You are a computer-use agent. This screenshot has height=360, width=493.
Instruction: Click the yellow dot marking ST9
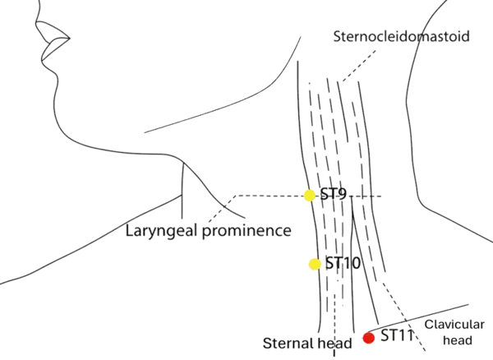pyautogui.click(x=309, y=195)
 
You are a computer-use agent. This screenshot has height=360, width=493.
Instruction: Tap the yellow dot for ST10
pyautogui.click(x=314, y=264)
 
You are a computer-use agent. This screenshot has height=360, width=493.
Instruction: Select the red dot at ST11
pyautogui.click(x=369, y=337)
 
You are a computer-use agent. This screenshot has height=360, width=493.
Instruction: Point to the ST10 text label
pyautogui.click(x=343, y=264)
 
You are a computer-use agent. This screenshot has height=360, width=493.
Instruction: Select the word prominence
pyautogui.click(x=246, y=230)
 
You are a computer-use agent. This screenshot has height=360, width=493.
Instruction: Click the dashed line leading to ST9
pyautogui.click(x=267, y=195)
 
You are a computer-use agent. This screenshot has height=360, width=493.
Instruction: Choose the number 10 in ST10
pyautogui.click(x=352, y=264)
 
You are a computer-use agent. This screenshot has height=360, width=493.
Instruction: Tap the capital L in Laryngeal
pyautogui.click(x=131, y=230)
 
